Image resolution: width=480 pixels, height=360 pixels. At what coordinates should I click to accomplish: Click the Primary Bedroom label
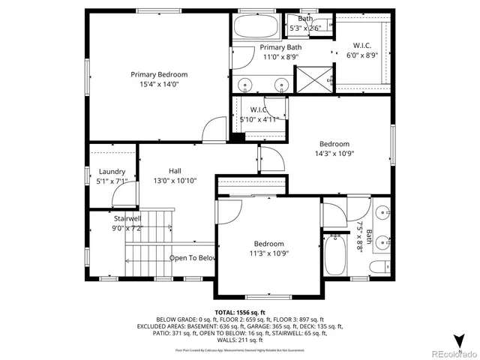(x=159, y=74)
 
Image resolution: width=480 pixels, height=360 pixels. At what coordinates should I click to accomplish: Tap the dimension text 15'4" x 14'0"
(x=159, y=85)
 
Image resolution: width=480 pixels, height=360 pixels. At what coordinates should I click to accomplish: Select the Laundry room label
(x=112, y=171)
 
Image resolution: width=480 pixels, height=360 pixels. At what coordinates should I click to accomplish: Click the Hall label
(x=175, y=170)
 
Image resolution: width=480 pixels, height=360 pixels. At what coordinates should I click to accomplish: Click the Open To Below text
(x=192, y=258)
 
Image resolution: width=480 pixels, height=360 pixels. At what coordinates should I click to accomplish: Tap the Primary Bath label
(x=280, y=47)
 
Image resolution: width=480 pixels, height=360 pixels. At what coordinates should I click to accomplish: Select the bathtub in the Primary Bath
(x=256, y=28)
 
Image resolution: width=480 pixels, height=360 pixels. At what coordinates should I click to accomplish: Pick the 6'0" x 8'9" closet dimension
(x=361, y=55)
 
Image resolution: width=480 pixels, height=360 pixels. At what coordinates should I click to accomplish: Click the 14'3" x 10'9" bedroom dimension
(x=334, y=154)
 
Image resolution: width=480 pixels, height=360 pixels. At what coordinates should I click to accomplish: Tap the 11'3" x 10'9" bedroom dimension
(x=268, y=254)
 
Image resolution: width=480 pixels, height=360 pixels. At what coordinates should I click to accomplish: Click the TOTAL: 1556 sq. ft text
(x=240, y=312)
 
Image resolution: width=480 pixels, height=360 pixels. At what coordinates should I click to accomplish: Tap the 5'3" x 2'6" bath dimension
(x=305, y=28)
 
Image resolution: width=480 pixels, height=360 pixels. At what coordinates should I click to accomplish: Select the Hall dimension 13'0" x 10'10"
(x=175, y=181)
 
